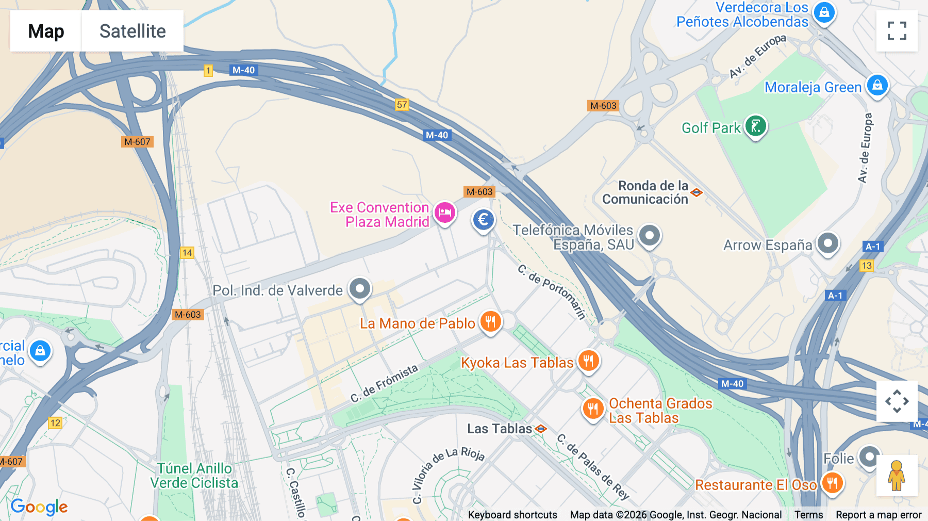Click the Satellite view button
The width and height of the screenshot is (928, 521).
tap(132, 31)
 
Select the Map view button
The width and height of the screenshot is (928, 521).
tap(46, 31)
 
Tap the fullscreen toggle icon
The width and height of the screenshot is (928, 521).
tap(897, 31)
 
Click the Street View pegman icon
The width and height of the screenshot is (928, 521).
tap(897, 476)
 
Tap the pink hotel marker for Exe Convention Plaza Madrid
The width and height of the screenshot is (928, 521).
tap(444, 213)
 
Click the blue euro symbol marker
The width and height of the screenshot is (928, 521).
tap(483, 220)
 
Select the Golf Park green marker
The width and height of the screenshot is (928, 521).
tap(755, 125)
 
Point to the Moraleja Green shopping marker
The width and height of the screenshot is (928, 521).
tap(877, 85)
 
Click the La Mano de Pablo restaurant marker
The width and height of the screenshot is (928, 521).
tap(490, 321)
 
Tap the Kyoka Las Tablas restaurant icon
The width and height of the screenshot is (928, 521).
tap(588, 360)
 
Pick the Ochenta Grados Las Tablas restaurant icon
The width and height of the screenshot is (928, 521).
tap(593, 409)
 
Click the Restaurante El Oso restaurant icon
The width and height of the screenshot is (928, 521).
tap(832, 483)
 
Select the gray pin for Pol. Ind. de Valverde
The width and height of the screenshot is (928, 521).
tap(360, 288)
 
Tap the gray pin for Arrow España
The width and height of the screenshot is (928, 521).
tap(828, 243)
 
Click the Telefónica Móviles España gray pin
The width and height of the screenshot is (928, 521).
tap(650, 236)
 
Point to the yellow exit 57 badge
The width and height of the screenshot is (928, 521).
tap(402, 105)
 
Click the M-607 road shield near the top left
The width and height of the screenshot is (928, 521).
tap(137, 142)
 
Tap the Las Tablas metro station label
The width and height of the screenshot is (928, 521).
tap(499, 429)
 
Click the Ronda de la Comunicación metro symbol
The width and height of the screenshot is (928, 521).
tap(697, 193)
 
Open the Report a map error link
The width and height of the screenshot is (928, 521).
tap(878, 515)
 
